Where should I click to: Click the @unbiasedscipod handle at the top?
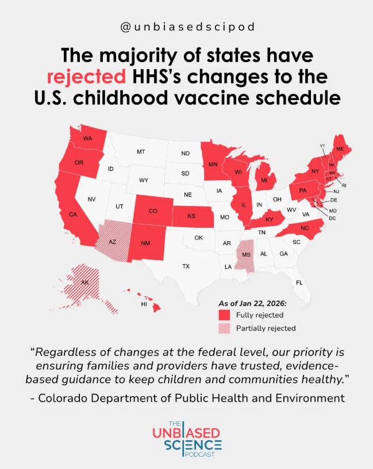186,28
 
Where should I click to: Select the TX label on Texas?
186,266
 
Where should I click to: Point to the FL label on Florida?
299,283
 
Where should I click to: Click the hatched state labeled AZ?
113,242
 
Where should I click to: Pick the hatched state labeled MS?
247,254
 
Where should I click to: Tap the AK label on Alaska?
85,283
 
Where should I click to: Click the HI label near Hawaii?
144,304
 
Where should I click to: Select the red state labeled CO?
153,211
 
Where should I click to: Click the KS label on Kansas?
192,217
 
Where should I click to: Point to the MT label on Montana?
141,152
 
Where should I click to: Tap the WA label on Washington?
87,139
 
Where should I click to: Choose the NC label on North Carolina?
304,228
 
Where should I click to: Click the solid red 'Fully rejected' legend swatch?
224,315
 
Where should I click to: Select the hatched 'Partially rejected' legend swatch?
224,329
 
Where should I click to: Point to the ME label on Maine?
340,149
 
